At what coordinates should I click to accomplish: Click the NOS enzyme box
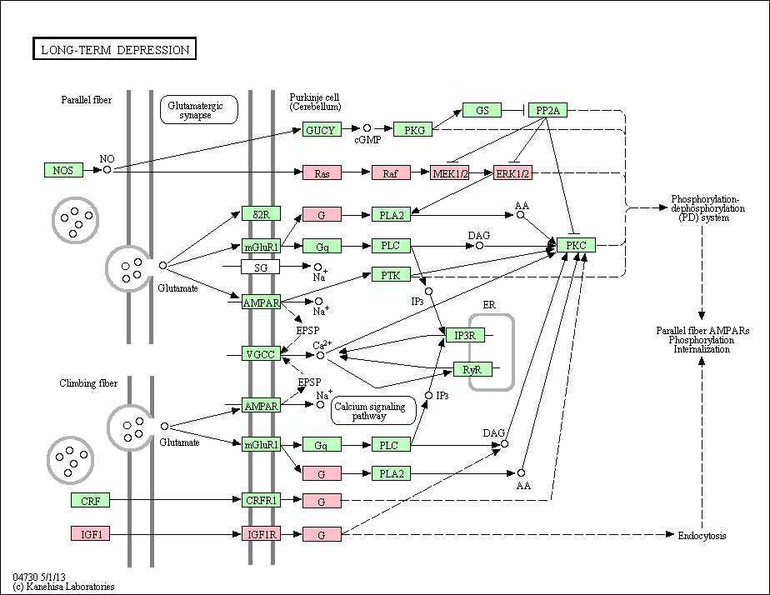pos(63,170)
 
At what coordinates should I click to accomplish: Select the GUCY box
pos(322,130)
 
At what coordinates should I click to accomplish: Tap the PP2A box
pos(547,110)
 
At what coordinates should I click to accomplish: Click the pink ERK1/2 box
pos(512,172)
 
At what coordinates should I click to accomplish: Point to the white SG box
pos(260,267)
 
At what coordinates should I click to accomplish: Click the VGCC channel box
pos(261,353)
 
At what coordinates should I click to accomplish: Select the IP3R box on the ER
pos(465,335)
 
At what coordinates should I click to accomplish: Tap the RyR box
pos(472,369)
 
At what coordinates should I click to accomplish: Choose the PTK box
pos(391,275)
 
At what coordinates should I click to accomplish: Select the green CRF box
pos(90,500)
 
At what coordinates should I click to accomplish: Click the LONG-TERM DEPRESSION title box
pos(114,48)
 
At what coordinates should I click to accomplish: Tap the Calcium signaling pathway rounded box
pos(373,411)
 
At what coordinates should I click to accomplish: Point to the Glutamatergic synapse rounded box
pos(199,109)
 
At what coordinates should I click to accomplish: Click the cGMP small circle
pos(367,128)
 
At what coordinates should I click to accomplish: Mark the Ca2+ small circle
pos(320,355)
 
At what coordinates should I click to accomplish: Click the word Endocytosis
pos(702,536)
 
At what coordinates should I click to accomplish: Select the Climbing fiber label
pos(88,383)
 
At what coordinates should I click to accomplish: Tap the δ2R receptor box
pos(261,213)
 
